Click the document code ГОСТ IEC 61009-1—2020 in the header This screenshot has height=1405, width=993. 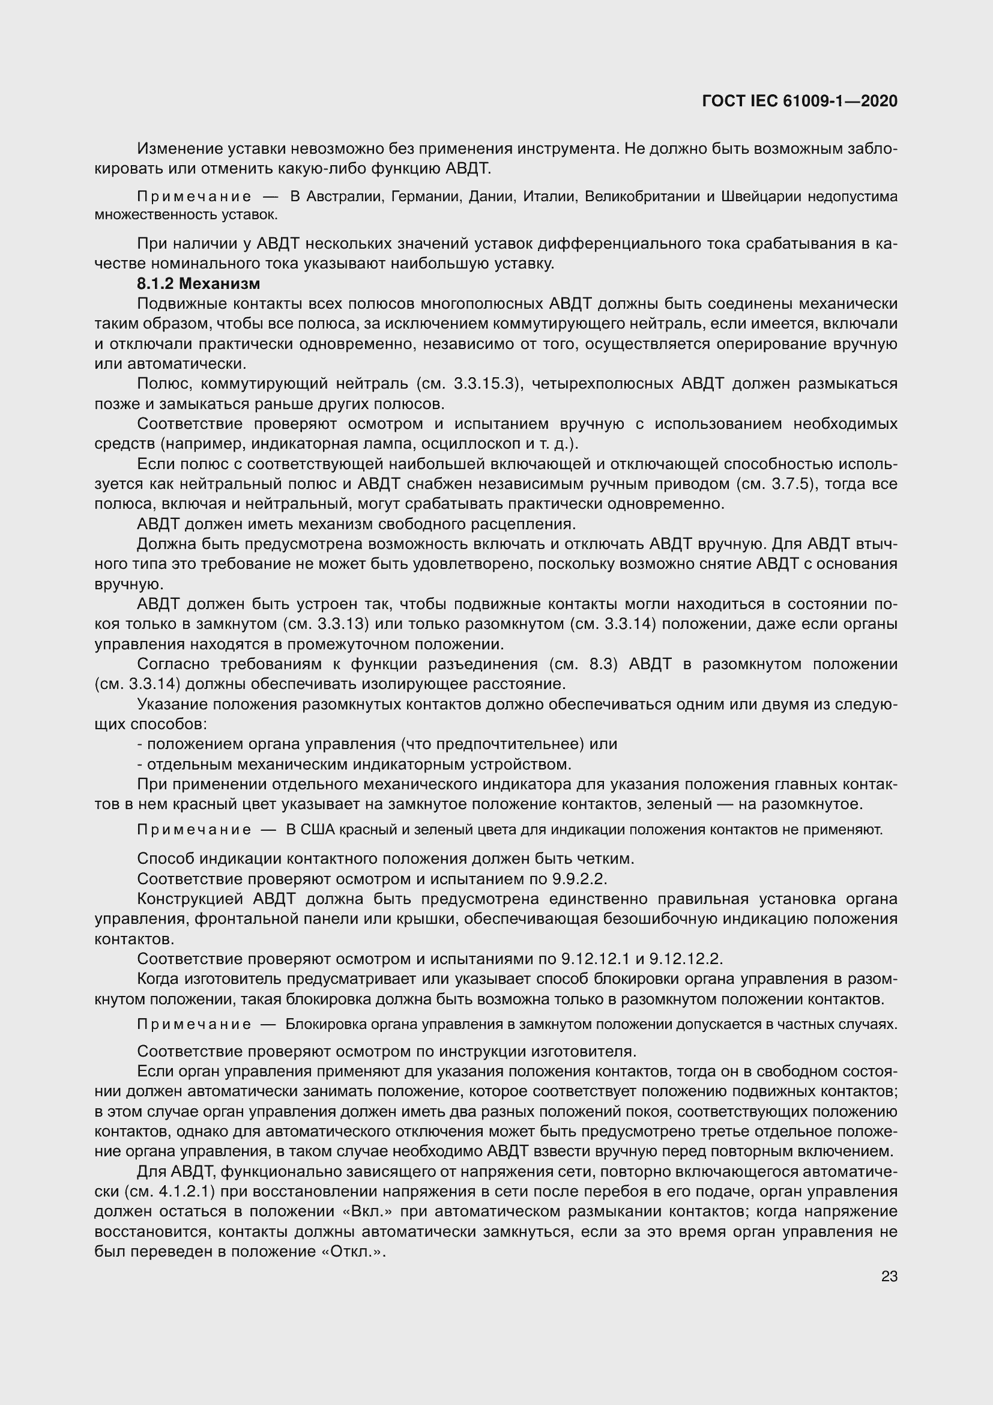800,102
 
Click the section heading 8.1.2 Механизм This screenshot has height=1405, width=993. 199,284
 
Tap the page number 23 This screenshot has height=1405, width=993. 889,1276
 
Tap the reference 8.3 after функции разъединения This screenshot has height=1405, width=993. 599,664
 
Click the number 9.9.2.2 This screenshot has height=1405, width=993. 577,879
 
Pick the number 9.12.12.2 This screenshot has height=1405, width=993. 686,959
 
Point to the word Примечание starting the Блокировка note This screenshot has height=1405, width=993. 194,1024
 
